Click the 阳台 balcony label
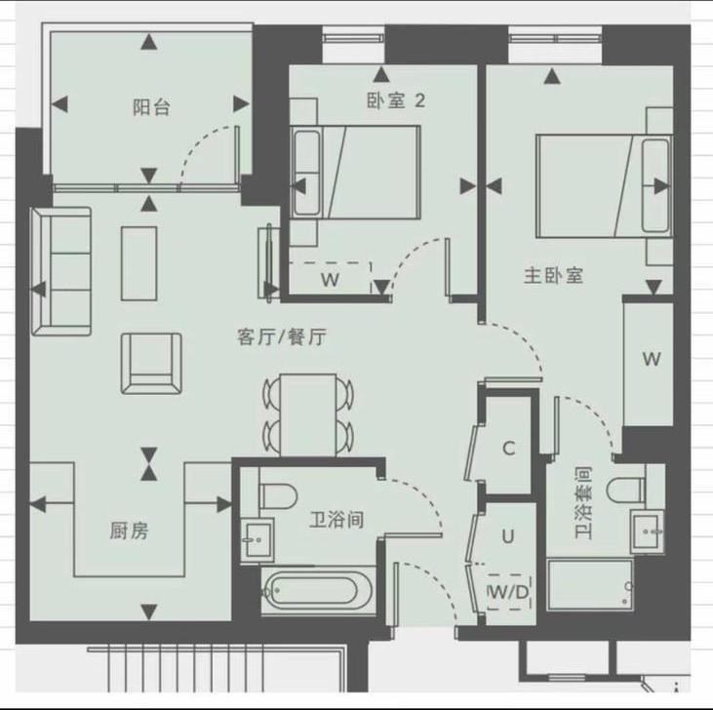[151, 108]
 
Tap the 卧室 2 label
[395, 99]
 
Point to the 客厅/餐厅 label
[282, 337]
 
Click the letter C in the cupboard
[508, 449]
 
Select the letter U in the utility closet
[508, 535]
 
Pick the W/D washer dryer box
[507, 590]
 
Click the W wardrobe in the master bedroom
[651, 358]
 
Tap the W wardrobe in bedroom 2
[330, 279]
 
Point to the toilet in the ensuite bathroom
[623, 488]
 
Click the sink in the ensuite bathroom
[647, 532]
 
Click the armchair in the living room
[150, 362]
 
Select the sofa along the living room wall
[59, 270]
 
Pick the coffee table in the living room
[139, 261]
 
